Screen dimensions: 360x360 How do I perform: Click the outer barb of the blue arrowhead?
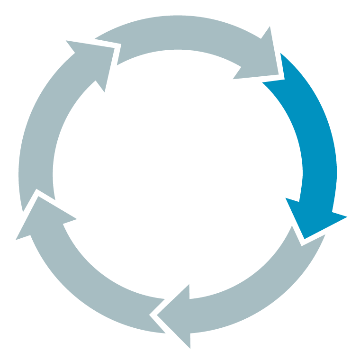[345, 217]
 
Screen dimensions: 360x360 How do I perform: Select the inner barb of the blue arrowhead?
[287, 199]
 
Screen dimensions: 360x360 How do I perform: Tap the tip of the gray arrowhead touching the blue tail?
[278, 73]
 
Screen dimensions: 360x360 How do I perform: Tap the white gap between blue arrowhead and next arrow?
[297, 237]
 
